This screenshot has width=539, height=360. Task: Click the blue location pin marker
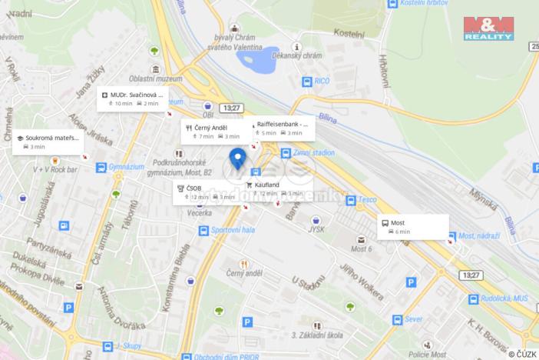point(237,158)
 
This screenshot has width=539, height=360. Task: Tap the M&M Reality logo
point(488,28)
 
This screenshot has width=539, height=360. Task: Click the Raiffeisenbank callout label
point(283,128)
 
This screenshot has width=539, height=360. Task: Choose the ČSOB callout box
point(207,192)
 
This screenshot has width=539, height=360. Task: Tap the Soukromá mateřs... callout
point(47,142)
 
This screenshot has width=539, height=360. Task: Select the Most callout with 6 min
point(413,226)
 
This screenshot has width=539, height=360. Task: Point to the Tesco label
point(369,200)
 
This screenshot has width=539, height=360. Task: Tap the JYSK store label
point(316,228)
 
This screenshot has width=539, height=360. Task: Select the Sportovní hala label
point(233,230)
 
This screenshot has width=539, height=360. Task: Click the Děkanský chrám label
point(300,56)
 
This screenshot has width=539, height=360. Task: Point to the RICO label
point(322,81)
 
